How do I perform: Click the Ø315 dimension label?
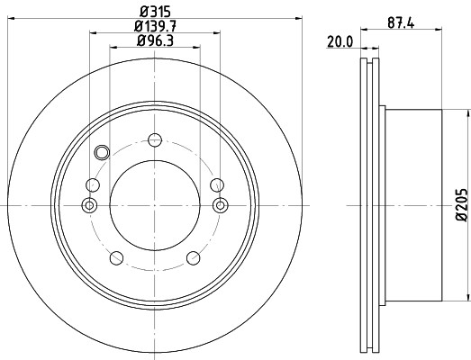[x=155, y=12]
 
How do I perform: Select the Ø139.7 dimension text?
[x=155, y=26]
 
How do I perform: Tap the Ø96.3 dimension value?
[x=155, y=40]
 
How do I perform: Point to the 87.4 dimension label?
[x=401, y=22]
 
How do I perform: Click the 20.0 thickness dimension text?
[x=340, y=42]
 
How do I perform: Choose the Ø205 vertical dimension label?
[x=462, y=205]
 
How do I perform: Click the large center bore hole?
[x=155, y=205]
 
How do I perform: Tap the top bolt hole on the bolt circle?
[x=155, y=140]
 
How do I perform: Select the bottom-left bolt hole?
[x=116, y=258]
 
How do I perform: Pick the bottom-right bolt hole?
[x=194, y=258]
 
